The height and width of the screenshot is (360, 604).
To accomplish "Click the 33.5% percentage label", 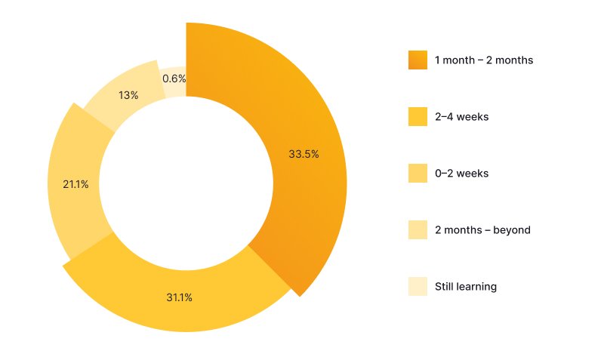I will pos(304,153).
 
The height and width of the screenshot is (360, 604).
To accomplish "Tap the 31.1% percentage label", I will pos(179,297).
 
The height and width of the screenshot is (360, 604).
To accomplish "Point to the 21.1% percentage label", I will pos(75,184).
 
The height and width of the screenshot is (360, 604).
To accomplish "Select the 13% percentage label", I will pos(128,95).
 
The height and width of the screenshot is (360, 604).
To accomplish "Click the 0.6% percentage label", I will pos(174,78).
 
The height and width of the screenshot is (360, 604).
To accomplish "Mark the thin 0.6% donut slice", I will pos(178,89).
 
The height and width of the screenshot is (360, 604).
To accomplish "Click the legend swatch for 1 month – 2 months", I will pos(418,60).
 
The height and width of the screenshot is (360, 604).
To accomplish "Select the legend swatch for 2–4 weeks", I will pos(418,116).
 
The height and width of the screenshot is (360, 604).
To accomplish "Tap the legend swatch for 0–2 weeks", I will pos(418,173).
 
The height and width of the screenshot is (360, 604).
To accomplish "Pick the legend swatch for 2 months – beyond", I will pos(418,229).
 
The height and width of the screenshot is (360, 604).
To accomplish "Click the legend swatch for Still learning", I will pos(418,286).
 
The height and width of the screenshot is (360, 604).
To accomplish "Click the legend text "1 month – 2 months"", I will pos(484,60).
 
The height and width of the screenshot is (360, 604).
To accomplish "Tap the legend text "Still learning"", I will pos(465,286).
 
